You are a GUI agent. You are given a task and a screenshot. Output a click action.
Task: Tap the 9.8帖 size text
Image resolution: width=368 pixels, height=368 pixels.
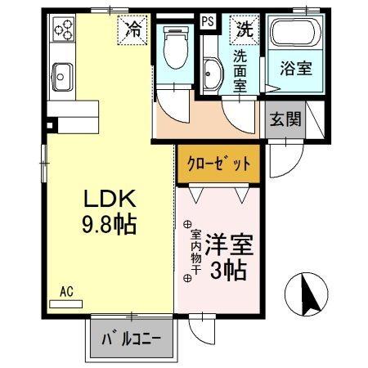pyautogui.click(x=110, y=222)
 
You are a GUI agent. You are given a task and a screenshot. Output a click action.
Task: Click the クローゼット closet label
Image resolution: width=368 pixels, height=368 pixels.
pyautogui.click(x=218, y=163)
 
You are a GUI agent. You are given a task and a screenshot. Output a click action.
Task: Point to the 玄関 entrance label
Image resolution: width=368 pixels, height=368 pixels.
pyautogui.click(x=285, y=119)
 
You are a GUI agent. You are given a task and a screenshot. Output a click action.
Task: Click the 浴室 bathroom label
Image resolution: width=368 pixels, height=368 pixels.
pyautogui.click(x=296, y=70)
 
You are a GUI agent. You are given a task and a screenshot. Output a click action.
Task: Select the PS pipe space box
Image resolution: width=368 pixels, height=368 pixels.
pyautogui.click(x=209, y=22)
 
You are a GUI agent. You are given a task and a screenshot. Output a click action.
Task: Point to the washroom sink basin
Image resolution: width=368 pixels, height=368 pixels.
pyautogui.click(x=211, y=74)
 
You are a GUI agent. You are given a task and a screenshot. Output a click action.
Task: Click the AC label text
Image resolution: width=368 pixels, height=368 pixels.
pyautogui.click(x=67, y=290)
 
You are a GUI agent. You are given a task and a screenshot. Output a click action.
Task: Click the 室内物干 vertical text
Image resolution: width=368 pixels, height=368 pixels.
pyautogui.click(x=186, y=249)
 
